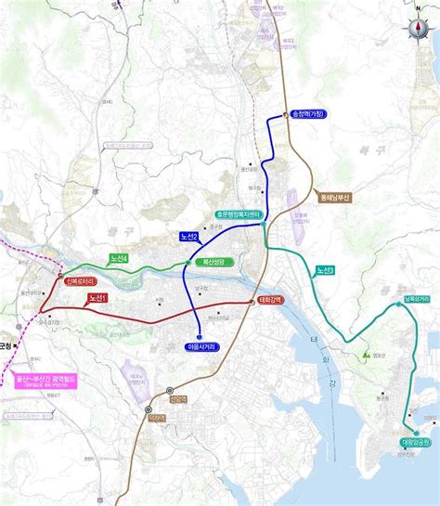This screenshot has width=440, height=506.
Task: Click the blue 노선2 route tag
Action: pyautogui.click(x=189, y=238)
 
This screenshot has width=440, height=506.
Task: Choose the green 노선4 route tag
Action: pyautogui.click(x=118, y=259)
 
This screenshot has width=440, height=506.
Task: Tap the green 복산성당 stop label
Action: pyautogui.click(x=219, y=263)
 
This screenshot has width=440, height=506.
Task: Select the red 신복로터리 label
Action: pyautogui.click(x=80, y=279)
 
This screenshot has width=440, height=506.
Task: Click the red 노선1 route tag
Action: pyautogui.click(x=97, y=298)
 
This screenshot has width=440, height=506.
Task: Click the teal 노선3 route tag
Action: pyautogui.click(x=325, y=270)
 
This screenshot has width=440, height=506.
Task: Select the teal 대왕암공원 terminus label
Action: pyautogui.click(x=417, y=442)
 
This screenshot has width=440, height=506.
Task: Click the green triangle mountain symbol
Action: pyautogui.click(x=368, y=354)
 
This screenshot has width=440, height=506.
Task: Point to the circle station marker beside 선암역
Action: pyautogui.click(x=169, y=391)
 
